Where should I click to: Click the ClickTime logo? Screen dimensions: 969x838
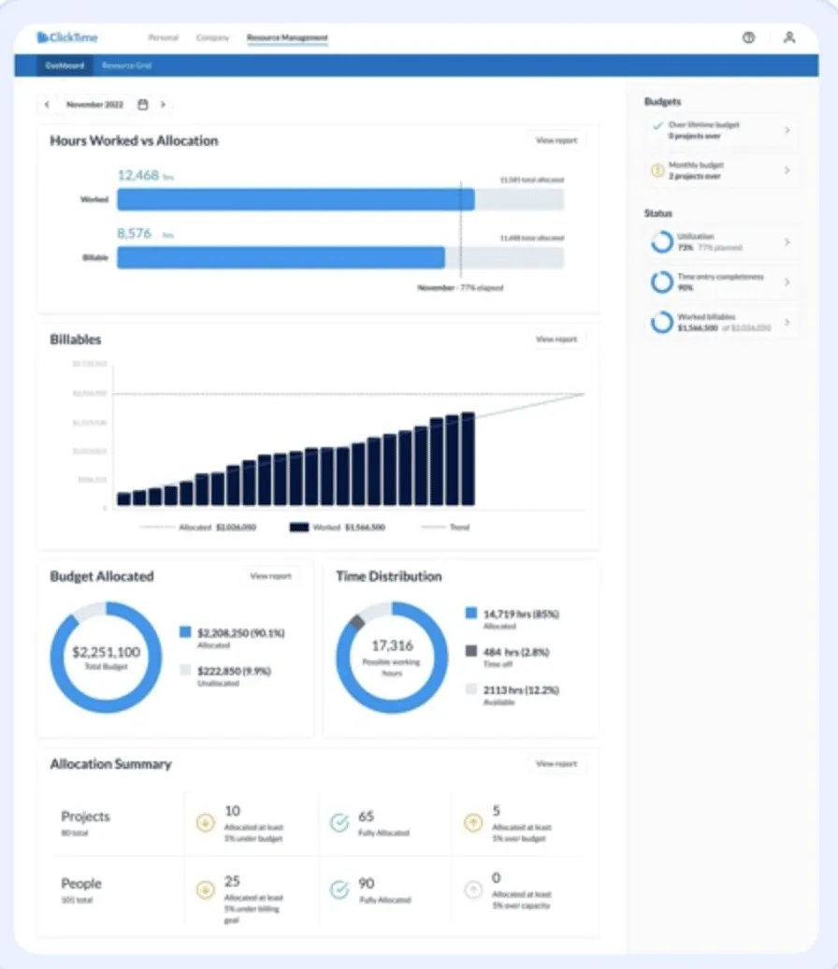pyautogui.click(x=67, y=37)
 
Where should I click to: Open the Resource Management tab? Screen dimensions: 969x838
pyautogui.click(x=287, y=37)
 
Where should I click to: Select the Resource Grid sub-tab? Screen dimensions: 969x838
pyautogui.click(x=126, y=65)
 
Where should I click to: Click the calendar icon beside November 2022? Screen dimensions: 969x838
pyautogui.click(x=143, y=105)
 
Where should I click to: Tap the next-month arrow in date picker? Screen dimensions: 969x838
pyautogui.click(x=163, y=105)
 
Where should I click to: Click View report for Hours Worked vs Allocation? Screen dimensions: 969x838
pyautogui.click(x=556, y=140)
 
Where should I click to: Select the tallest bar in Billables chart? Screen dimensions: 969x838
pyautogui.click(x=468, y=458)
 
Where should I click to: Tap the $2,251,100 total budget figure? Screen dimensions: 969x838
pyautogui.click(x=106, y=652)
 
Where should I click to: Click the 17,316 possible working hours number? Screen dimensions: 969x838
pyautogui.click(x=392, y=645)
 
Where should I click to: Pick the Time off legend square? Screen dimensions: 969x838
pyautogui.click(x=470, y=651)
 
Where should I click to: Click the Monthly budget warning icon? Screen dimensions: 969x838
pyautogui.click(x=657, y=170)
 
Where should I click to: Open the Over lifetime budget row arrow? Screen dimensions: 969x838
pyautogui.click(x=787, y=130)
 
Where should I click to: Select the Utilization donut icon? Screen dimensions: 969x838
pyautogui.click(x=662, y=241)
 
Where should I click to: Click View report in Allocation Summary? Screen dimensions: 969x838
pyautogui.click(x=556, y=764)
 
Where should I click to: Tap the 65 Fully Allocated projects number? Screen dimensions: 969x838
pyautogui.click(x=366, y=817)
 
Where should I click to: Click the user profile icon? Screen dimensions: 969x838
pyautogui.click(x=789, y=37)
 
